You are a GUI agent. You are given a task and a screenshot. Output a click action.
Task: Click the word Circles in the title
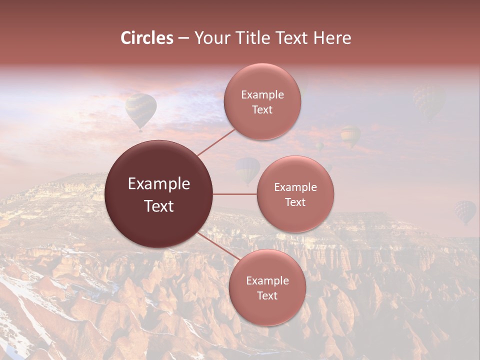[146, 38]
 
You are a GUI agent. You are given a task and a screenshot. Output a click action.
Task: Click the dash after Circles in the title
[183, 38]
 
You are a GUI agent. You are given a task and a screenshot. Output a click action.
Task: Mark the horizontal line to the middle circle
[235, 194]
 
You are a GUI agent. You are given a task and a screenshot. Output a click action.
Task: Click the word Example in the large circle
[159, 184]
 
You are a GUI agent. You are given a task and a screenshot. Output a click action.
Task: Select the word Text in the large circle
[159, 206]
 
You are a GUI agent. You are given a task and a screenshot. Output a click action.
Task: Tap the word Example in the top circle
[262, 95]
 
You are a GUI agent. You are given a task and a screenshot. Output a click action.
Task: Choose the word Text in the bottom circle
[267, 295]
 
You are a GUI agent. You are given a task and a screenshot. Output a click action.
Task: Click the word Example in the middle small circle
[295, 187]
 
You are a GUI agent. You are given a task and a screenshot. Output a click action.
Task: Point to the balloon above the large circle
[140, 111]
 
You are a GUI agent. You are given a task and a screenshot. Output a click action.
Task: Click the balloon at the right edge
[465, 212]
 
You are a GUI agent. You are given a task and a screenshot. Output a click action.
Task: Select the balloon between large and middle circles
[247, 170]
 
